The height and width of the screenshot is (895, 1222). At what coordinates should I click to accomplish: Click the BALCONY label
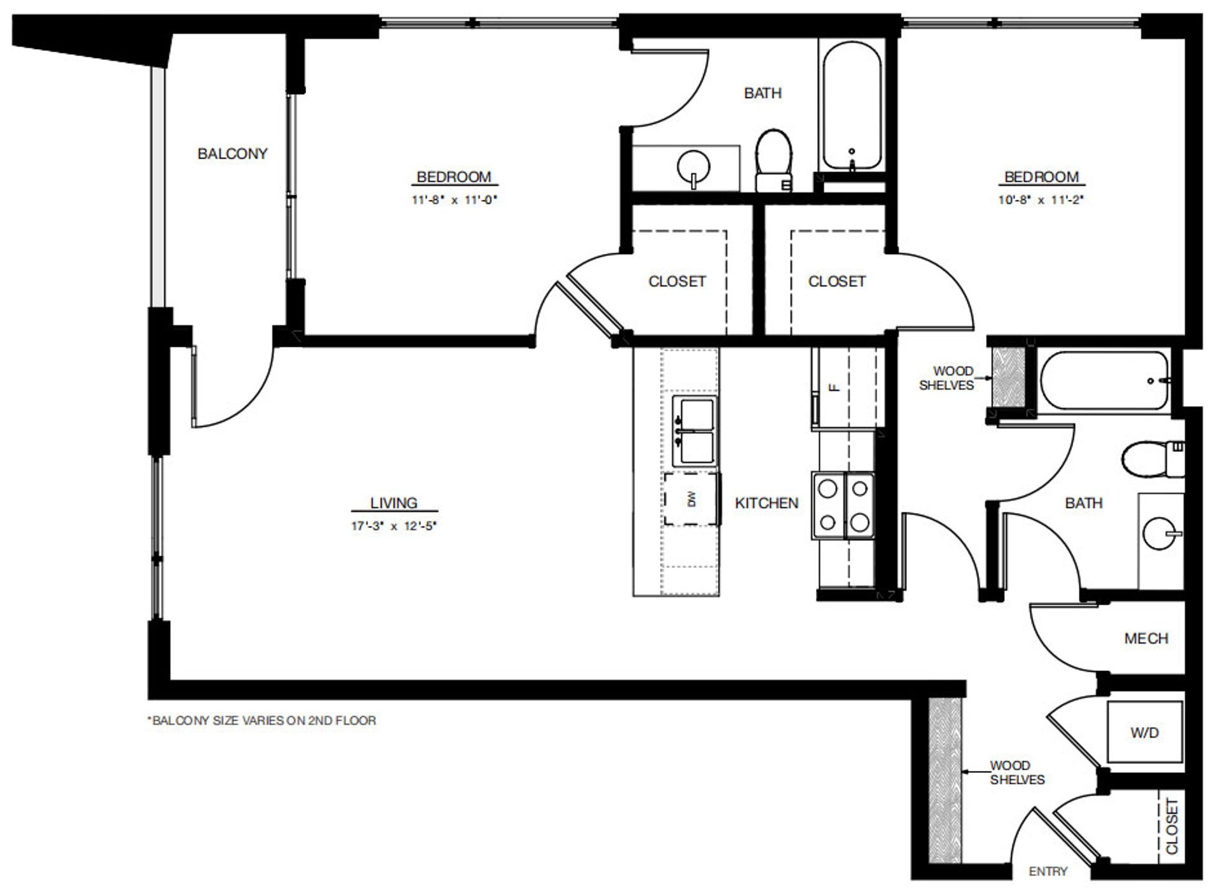232,153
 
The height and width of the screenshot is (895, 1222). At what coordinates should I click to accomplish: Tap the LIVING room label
393,502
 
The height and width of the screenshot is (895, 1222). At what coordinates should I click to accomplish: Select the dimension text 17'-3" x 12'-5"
393,526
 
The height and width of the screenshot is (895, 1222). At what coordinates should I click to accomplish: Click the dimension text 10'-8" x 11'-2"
1041,200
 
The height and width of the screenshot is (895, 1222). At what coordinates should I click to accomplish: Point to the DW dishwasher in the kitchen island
692,499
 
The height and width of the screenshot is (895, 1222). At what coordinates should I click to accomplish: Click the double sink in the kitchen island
695,430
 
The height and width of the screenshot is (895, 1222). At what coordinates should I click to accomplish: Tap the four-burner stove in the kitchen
843,505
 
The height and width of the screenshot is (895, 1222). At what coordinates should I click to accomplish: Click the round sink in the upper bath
694,167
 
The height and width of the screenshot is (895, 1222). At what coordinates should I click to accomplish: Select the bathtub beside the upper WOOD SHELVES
1104,381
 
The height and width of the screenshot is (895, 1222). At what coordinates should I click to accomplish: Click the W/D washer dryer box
1144,732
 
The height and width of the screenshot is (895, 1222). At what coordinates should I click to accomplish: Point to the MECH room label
1146,638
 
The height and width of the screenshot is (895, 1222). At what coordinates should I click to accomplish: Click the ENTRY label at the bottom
1048,871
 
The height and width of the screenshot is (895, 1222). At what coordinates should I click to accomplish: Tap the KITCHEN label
766,503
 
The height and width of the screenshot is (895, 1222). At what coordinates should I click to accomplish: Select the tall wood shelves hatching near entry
944,779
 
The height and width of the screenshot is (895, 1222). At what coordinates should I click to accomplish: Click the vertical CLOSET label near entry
1172,826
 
